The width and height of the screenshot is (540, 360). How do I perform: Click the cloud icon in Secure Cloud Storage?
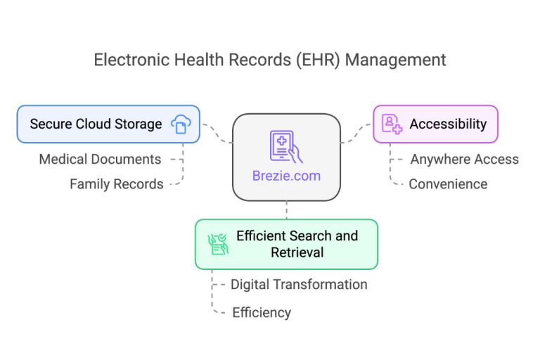(x=181, y=124)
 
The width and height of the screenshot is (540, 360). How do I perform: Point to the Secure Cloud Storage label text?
(x=96, y=124)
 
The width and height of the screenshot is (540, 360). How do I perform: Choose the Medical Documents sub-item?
(x=100, y=160)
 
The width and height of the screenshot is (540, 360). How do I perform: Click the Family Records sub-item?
(x=117, y=184)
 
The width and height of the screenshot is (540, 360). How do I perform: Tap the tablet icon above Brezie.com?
(x=286, y=147)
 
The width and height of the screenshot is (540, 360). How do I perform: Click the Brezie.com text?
(x=286, y=176)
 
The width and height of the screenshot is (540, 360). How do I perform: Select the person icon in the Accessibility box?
(x=392, y=124)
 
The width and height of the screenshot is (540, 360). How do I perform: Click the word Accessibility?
(x=448, y=124)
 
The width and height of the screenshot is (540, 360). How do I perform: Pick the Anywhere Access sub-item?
(x=464, y=160)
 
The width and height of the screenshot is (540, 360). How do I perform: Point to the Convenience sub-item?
(x=448, y=184)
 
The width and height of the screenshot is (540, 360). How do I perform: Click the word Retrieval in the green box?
(x=297, y=252)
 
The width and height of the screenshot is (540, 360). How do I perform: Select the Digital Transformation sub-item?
(x=299, y=285)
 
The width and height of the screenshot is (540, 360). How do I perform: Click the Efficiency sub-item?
(x=262, y=313)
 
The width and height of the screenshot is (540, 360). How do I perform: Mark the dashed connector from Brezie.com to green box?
(x=286, y=210)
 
